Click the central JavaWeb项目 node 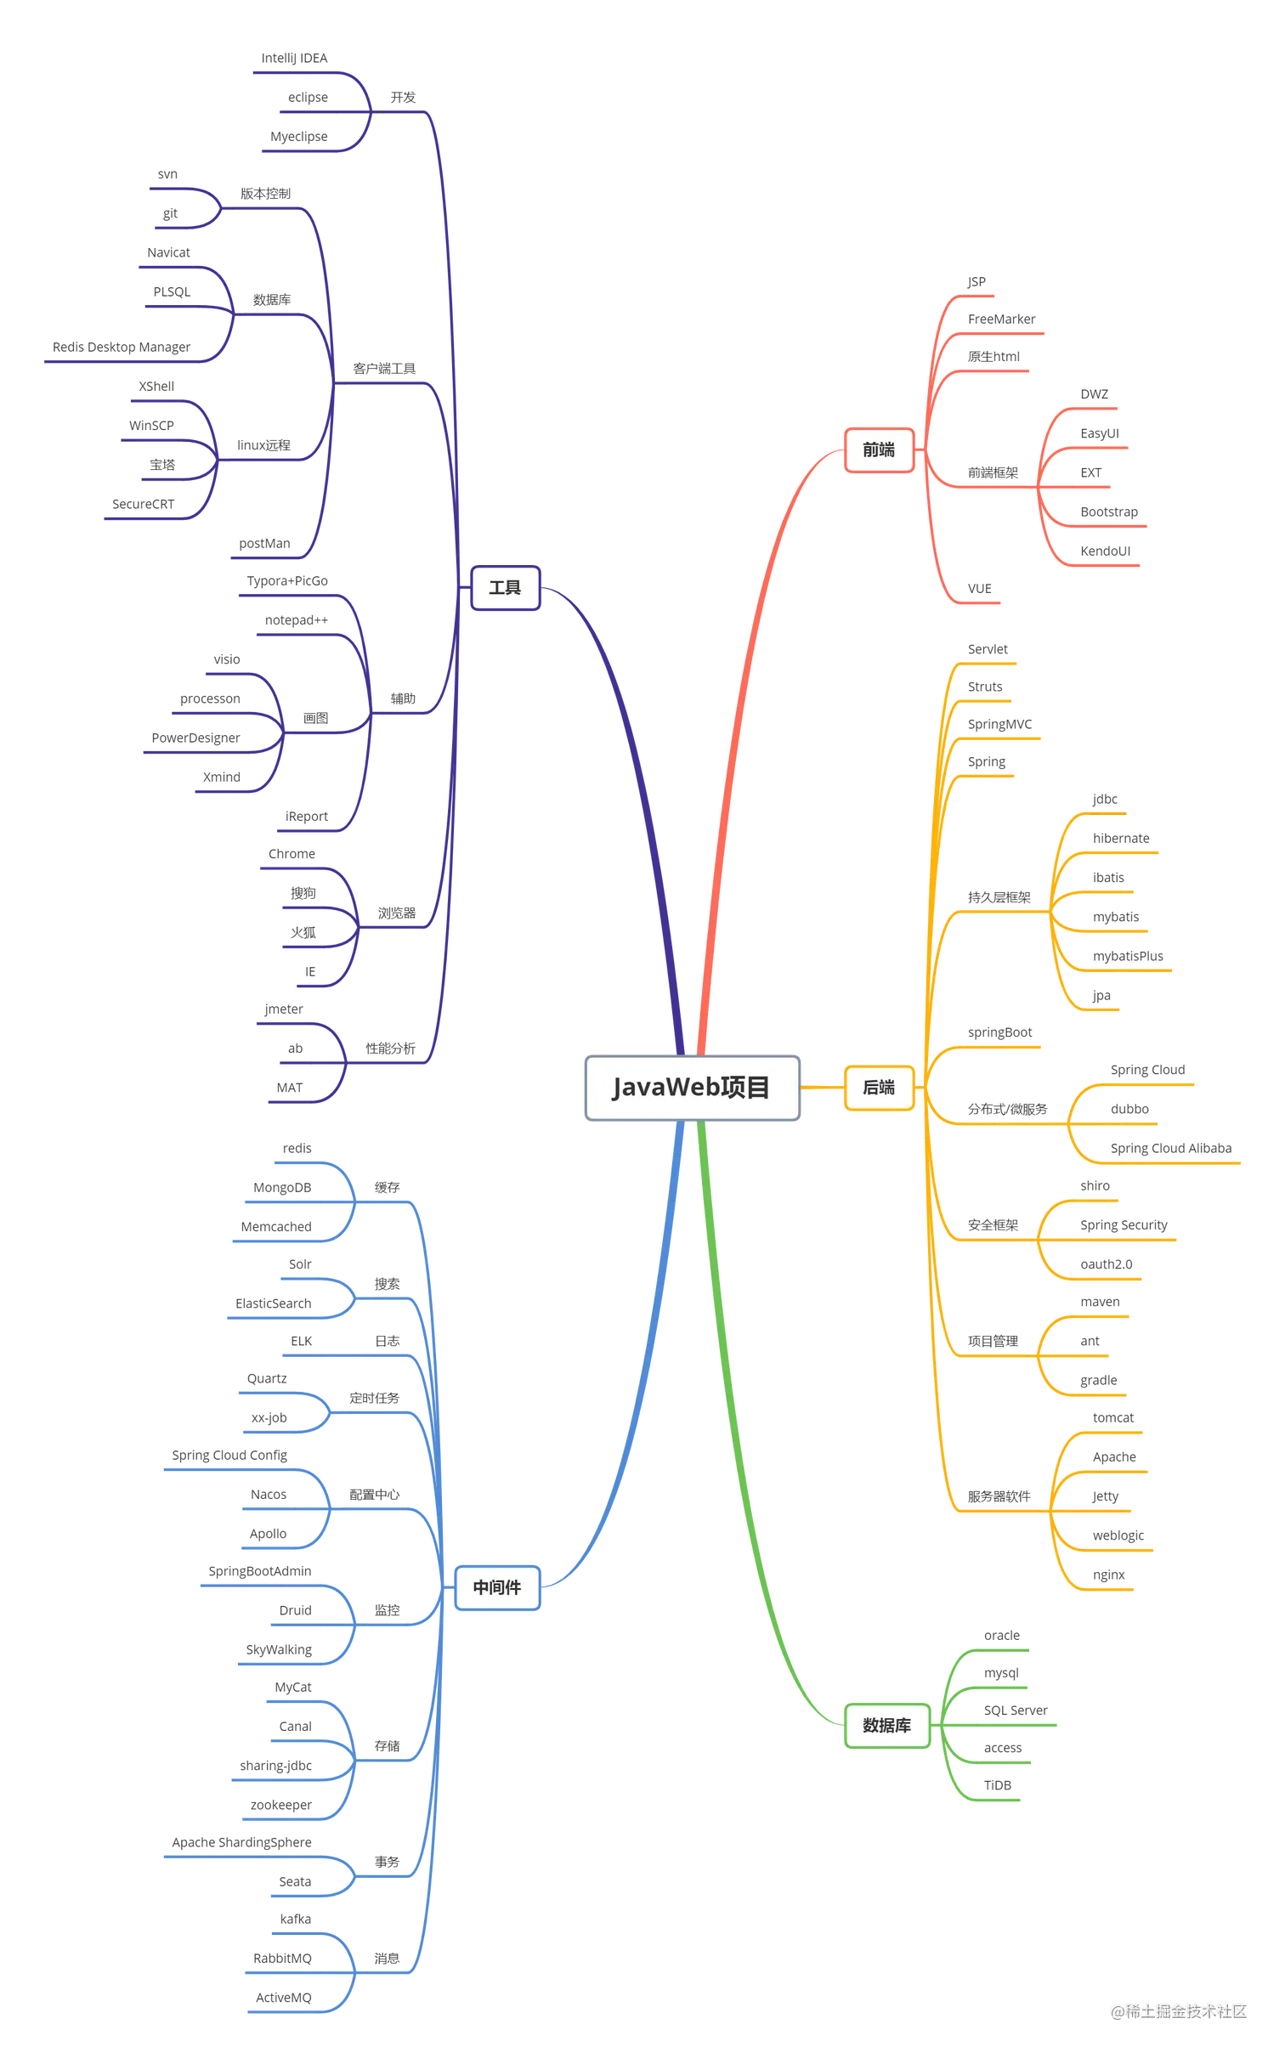pyautogui.click(x=692, y=1088)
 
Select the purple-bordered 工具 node pyautogui.click(x=505, y=587)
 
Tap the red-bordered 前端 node pyautogui.click(x=878, y=449)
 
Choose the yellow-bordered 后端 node pyautogui.click(x=878, y=1087)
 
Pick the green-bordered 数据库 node pyautogui.click(x=886, y=1725)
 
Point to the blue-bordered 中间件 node pyautogui.click(x=497, y=1586)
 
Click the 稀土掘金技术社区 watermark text pyautogui.click(x=1185, y=2010)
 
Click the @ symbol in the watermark pyautogui.click(x=1116, y=2010)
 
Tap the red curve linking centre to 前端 pyautogui.click(x=748, y=680)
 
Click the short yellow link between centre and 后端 pyautogui.click(x=822, y=1087)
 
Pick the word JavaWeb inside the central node pyautogui.click(x=665, y=1088)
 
